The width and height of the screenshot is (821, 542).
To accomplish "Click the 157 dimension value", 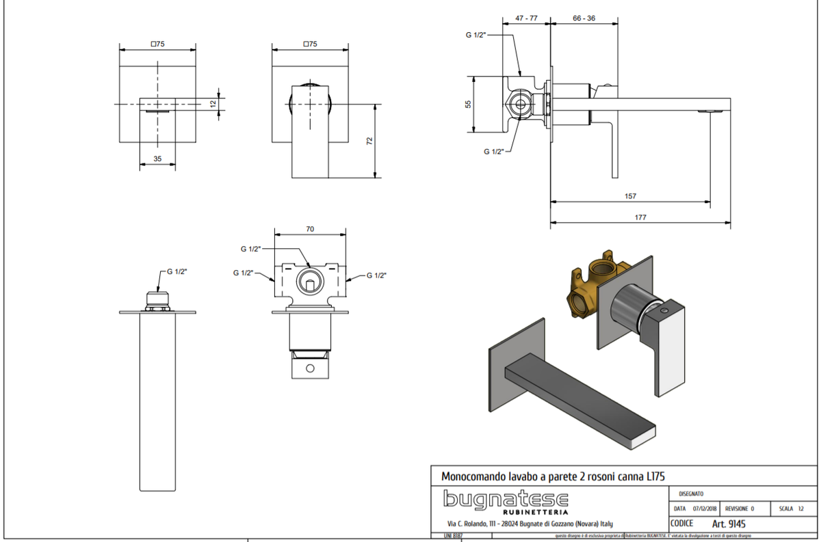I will (x=630, y=196).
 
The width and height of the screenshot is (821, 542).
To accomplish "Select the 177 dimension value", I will (x=640, y=217).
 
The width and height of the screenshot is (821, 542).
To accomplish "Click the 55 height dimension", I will (x=469, y=104).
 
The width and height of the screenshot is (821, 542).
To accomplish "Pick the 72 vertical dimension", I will (x=369, y=141).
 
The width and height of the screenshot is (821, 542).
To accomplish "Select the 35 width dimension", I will (x=157, y=159).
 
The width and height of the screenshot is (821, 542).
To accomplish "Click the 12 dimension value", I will (x=213, y=104).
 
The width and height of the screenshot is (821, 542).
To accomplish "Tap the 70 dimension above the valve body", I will (x=310, y=230).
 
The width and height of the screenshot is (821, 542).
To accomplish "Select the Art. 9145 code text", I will (x=729, y=524).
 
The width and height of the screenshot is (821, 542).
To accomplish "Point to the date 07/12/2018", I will (x=704, y=509).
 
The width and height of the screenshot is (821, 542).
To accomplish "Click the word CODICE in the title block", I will (x=681, y=524).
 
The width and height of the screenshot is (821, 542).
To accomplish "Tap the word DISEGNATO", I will (x=691, y=493).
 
